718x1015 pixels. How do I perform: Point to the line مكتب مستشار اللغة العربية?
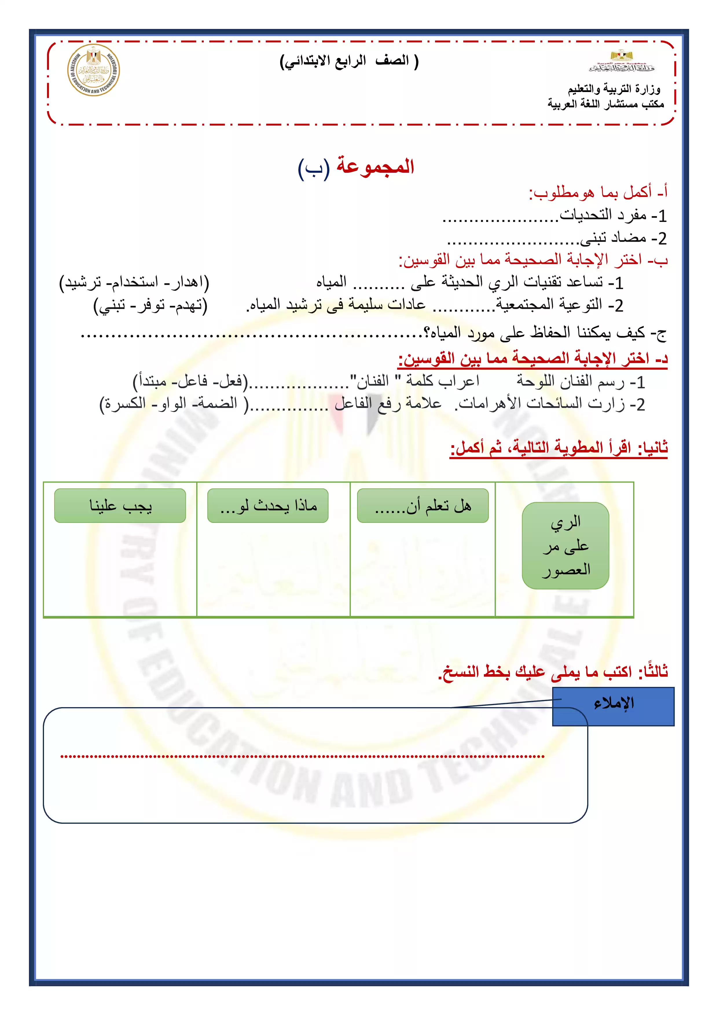coord(606,104)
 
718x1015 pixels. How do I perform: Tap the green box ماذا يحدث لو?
coord(268,505)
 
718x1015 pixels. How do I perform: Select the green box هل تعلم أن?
coord(423,505)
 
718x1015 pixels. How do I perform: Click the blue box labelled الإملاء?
coord(613,703)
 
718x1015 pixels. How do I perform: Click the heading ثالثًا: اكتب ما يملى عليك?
coord(553,672)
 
